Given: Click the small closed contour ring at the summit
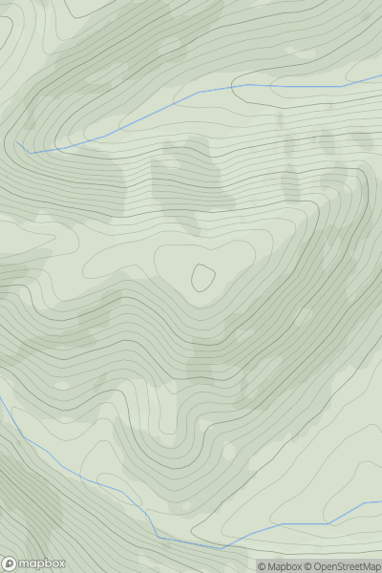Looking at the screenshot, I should click(202, 277).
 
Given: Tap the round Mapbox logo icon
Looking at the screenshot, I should click(11, 563).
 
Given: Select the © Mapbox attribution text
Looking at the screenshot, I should click(280, 566).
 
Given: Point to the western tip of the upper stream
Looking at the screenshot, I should click(16, 143).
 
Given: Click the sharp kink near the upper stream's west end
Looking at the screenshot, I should click(30, 153).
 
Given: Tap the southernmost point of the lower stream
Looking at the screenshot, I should click(222, 548).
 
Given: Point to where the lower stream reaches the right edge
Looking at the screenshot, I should click(381, 502).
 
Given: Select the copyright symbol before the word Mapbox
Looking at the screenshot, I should click(262, 566).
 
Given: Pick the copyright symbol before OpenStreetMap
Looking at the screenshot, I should click(308, 566).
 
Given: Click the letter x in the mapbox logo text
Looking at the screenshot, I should click(62, 563).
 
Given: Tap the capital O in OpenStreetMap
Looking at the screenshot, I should click(319, 566).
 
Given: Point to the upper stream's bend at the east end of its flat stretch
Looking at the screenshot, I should click(341, 87).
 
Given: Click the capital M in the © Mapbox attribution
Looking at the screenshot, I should click(271, 566).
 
